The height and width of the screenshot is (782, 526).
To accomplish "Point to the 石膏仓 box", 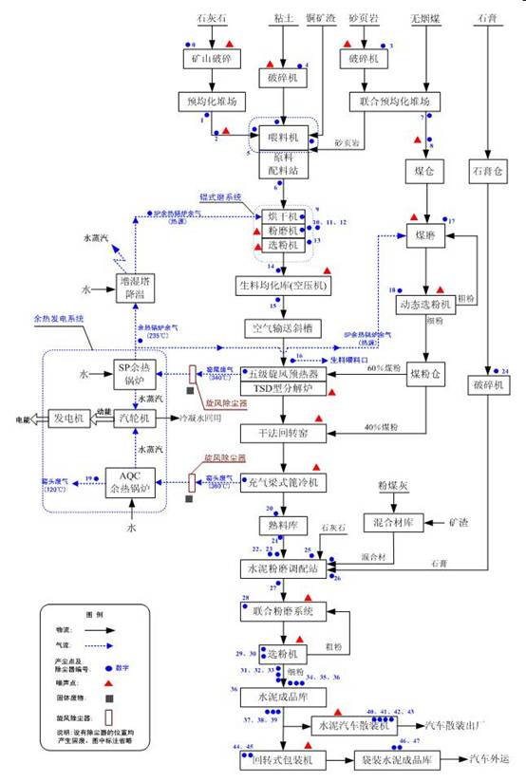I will click(488, 172).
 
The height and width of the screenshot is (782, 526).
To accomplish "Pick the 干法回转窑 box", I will click(283, 433).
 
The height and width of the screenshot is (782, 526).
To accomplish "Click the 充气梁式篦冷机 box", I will click(283, 482).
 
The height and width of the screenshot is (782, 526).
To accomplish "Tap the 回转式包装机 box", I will click(282, 760).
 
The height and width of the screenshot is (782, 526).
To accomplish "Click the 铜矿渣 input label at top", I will click(321, 17).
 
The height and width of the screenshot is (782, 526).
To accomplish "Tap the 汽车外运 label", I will click(495, 760).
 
